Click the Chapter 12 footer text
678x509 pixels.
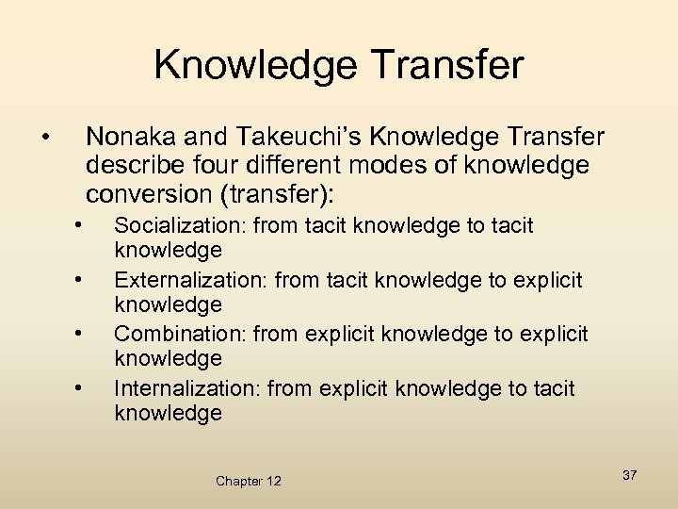(249, 481)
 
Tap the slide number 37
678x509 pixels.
(629, 475)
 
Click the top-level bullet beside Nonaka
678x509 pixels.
(45, 139)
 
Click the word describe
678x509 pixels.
(129, 166)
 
